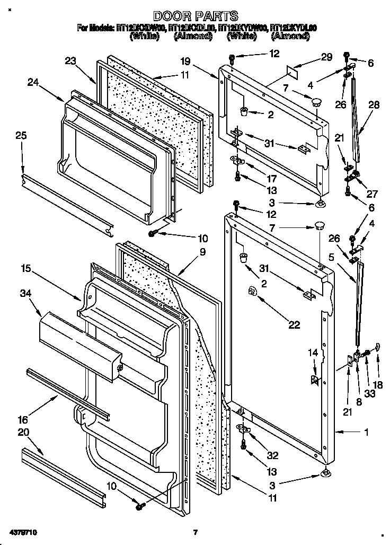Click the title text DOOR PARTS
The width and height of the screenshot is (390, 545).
click(x=196, y=16)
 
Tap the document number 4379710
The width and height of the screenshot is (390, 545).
click(x=23, y=531)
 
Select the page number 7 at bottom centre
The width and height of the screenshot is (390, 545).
click(x=195, y=532)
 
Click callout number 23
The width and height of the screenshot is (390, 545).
click(x=70, y=60)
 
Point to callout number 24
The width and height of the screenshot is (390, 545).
click(x=33, y=82)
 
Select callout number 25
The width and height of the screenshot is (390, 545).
click(x=21, y=136)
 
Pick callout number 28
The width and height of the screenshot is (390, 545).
click(x=374, y=105)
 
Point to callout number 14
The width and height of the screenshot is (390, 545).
click(x=313, y=351)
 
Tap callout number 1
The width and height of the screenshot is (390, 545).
click(x=366, y=432)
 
